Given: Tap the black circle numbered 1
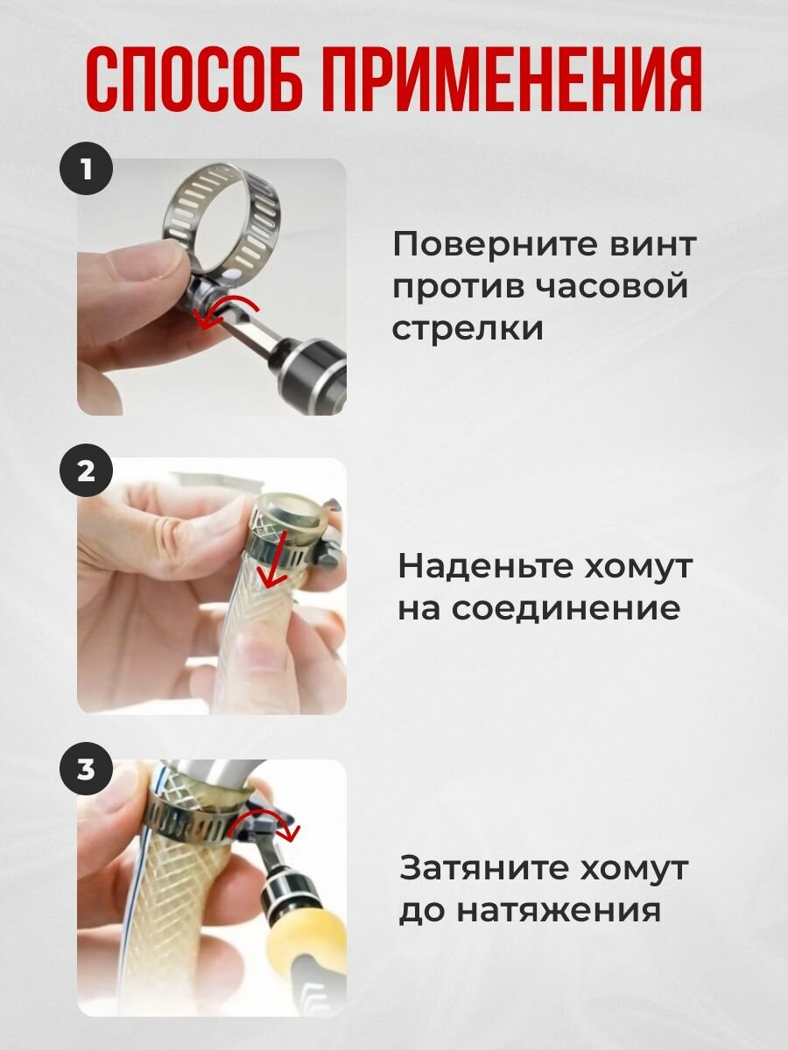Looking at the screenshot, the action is click(86, 168).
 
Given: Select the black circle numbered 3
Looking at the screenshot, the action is click(86, 770).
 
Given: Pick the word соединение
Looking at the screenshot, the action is click(566, 607).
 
